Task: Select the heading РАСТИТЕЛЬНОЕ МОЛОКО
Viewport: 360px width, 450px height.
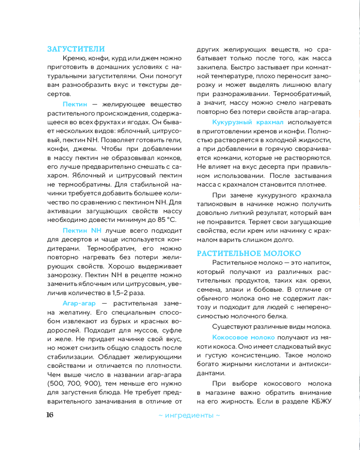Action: click(x=249, y=253)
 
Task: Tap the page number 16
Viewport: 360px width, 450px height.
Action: click(x=49, y=414)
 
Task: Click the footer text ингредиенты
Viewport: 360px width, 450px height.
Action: click(x=189, y=415)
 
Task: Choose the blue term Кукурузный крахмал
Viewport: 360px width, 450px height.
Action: click(x=248, y=122)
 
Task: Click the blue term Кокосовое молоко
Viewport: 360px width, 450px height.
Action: click(x=243, y=337)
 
